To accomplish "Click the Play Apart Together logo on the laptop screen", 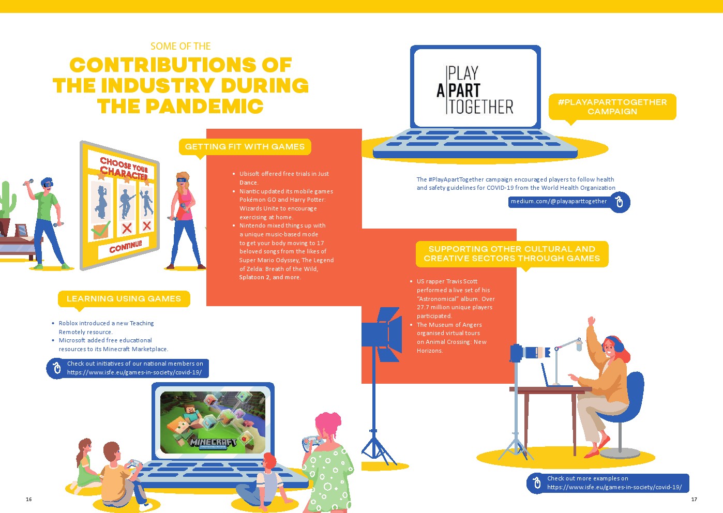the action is click(x=475, y=90).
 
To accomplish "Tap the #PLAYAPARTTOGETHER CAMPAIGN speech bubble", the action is click(x=612, y=107).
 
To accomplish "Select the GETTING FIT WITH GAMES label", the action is click(x=245, y=147).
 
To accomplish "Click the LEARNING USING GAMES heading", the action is click(x=124, y=299).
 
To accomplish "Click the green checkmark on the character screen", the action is click(x=100, y=230).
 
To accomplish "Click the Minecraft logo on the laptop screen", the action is click(x=213, y=443).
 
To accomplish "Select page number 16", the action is click(x=29, y=500).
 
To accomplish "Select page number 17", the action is click(x=694, y=500).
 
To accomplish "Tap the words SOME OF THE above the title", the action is click(x=180, y=46).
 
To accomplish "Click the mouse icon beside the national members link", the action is click(x=57, y=368).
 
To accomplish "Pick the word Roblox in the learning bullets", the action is click(x=68, y=323).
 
